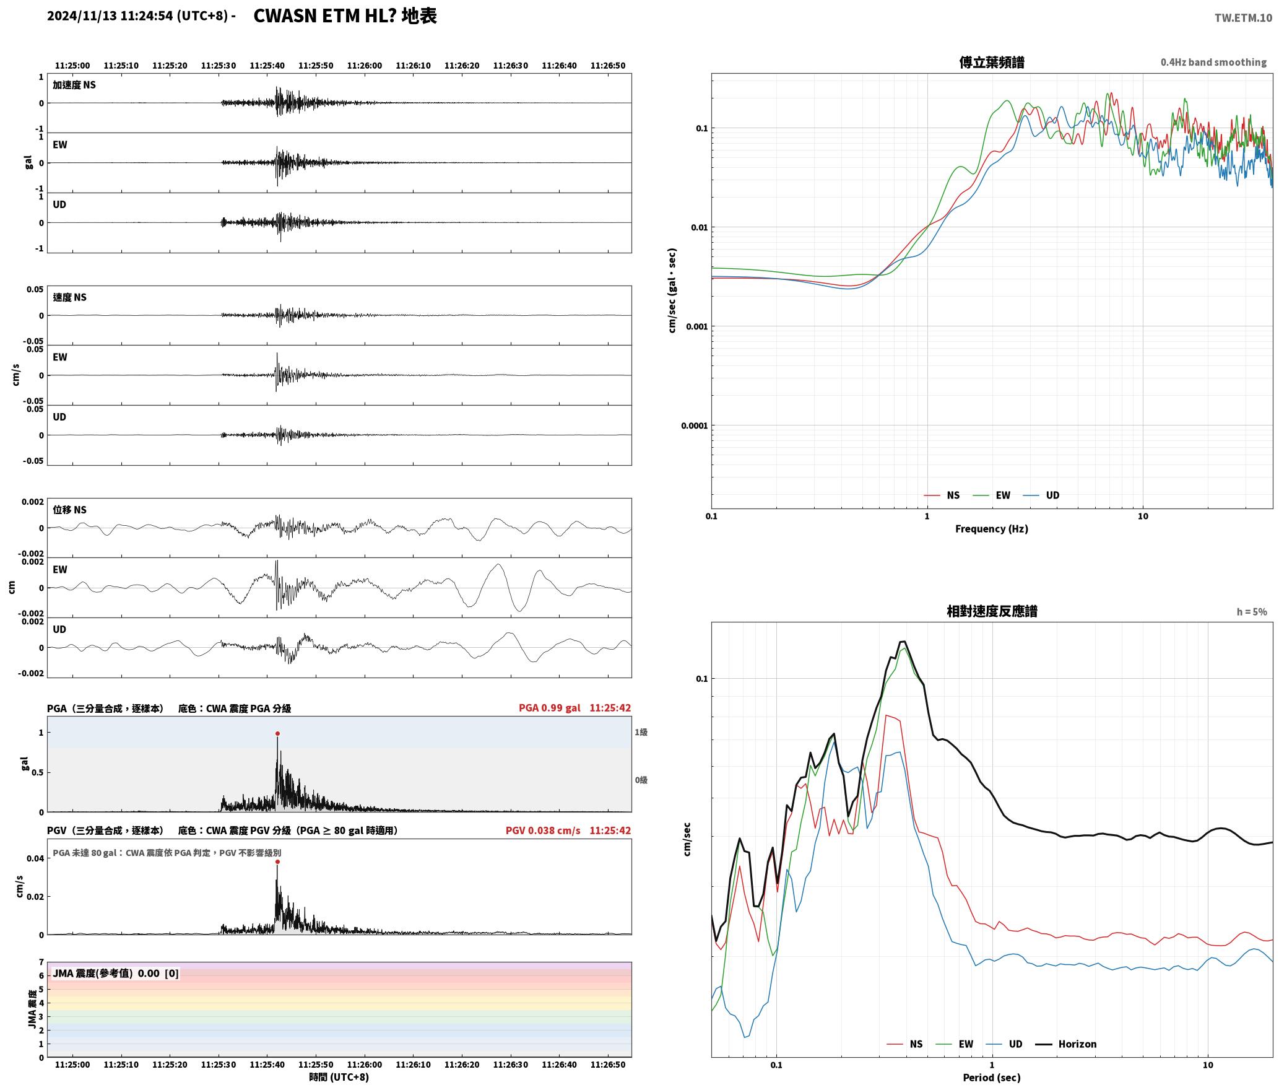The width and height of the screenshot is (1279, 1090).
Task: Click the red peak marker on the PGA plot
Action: tap(277, 733)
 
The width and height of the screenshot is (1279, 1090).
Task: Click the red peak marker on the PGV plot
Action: tap(277, 861)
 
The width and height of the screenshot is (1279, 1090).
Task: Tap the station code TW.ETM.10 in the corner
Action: tap(1243, 18)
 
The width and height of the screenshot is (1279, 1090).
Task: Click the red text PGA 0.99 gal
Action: tap(550, 708)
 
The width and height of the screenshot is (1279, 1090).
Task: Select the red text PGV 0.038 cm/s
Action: tap(543, 831)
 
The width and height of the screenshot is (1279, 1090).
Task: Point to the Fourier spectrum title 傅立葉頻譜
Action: tap(992, 62)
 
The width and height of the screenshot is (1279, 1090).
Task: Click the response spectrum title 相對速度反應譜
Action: tap(992, 611)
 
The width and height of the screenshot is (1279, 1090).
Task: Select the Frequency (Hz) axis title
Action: tap(992, 529)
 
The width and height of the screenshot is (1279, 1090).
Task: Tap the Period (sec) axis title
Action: tap(992, 1078)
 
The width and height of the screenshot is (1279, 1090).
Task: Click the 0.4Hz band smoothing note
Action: tap(1213, 63)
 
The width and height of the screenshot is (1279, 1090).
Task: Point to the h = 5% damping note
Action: tap(1252, 612)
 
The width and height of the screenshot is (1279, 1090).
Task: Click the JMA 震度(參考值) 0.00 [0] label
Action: tap(116, 974)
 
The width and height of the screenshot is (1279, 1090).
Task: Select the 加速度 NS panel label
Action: tap(74, 85)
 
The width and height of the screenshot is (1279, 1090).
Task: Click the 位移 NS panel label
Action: tap(69, 510)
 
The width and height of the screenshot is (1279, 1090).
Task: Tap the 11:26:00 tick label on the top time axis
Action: tap(364, 66)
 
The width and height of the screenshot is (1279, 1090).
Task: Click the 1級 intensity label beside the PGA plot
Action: tap(641, 733)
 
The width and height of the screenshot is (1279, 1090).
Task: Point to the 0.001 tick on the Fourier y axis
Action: tap(696, 326)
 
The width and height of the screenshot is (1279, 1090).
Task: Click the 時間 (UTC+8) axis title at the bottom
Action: tap(339, 1078)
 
